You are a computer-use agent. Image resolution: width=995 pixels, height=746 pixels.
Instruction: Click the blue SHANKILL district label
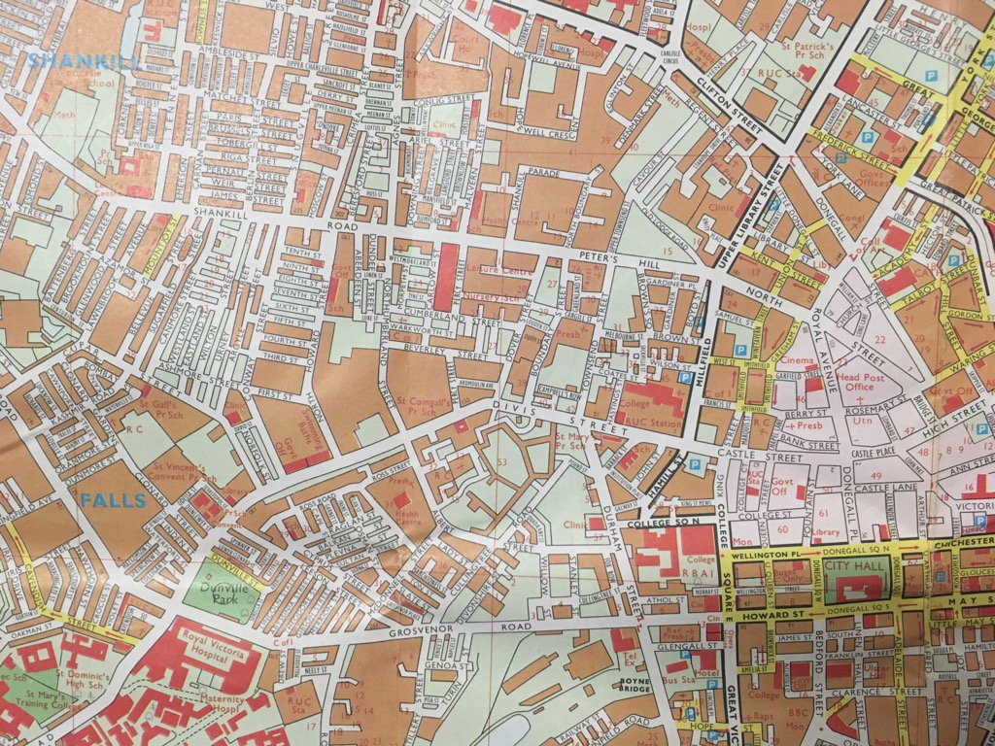(x=84, y=60)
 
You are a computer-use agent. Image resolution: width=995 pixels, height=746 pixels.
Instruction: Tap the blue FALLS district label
(x=113, y=501)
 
